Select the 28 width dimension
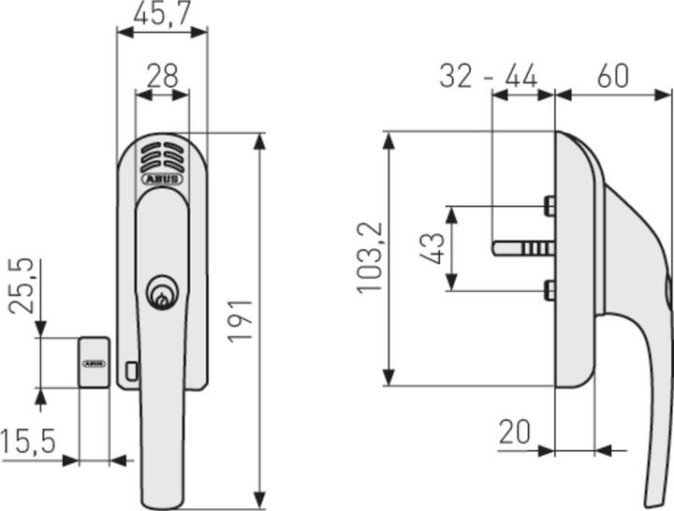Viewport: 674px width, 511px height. click(162, 76)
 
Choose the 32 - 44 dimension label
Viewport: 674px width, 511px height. click(488, 75)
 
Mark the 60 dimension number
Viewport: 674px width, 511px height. click(613, 75)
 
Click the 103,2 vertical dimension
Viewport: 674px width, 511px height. click(371, 258)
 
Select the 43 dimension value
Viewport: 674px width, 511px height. click(433, 249)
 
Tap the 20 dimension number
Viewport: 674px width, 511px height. click(514, 432)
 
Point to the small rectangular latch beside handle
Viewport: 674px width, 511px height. click(130, 371)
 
